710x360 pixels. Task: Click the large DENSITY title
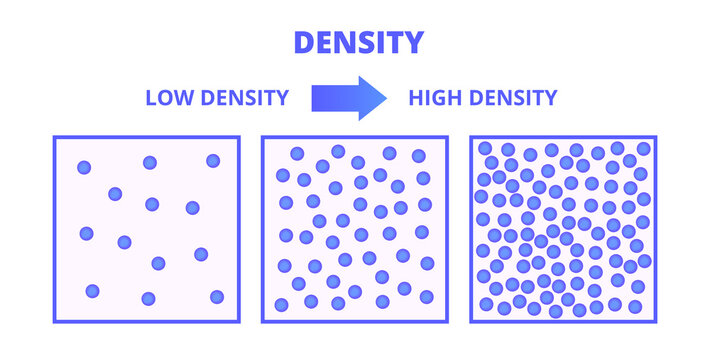pos(357,42)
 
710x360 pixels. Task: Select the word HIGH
pos(433,98)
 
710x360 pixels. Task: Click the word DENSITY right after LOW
pos(244,98)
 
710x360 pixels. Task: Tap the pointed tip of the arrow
pos(386,98)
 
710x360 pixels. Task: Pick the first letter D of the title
pos(302,42)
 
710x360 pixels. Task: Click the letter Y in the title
pos(413,42)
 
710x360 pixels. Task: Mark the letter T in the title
pos(393,42)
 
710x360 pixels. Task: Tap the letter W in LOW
pos(185,98)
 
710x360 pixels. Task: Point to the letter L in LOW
pos(151,98)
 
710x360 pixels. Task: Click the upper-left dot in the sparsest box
pos(84,167)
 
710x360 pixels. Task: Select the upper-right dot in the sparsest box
pos(213,161)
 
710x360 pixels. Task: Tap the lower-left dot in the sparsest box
pos(92,291)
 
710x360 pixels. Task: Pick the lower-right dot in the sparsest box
pos(217,296)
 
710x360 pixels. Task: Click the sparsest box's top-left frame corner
pos(54,137)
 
